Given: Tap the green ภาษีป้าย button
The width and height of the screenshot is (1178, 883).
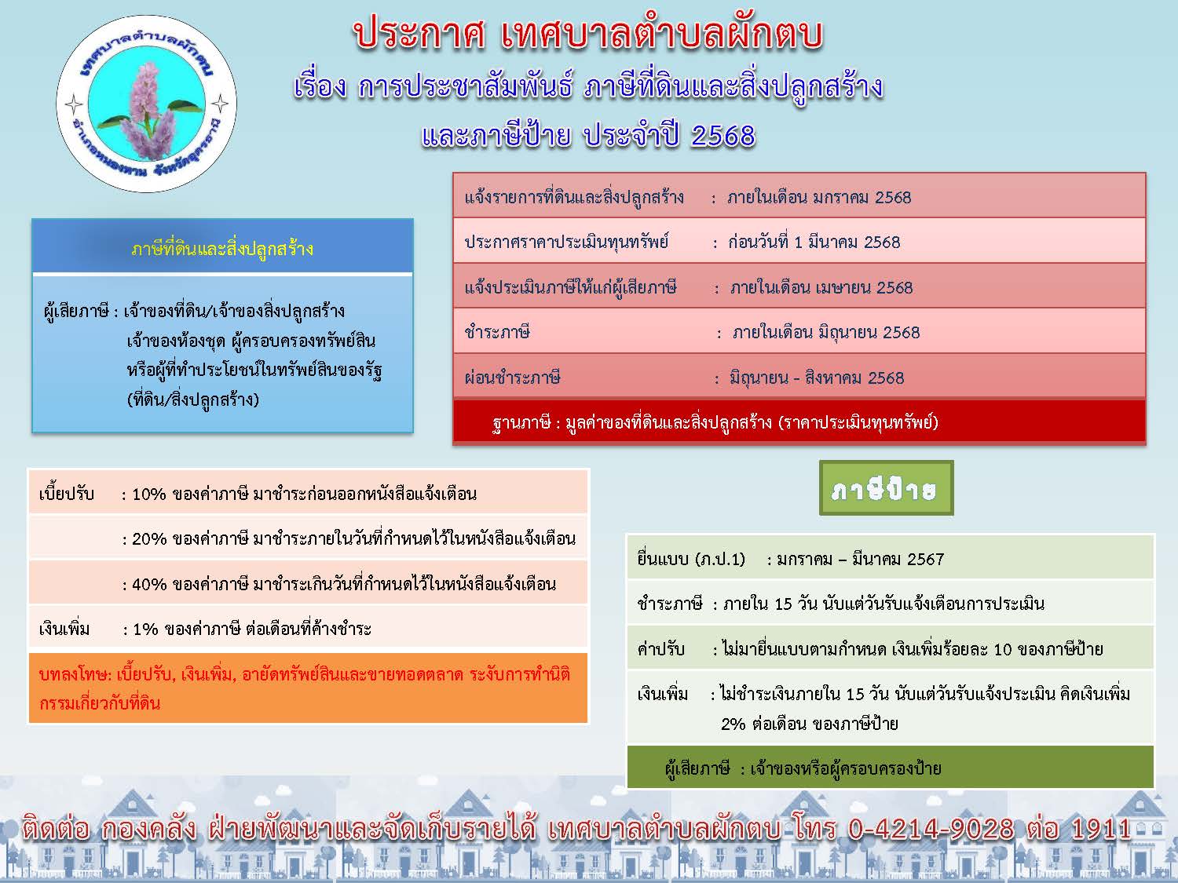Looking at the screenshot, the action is coord(886,488).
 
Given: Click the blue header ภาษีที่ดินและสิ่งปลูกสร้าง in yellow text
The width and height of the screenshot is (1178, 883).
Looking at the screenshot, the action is coord(222,250).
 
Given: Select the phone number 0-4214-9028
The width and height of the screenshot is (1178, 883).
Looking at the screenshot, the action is coord(931,829).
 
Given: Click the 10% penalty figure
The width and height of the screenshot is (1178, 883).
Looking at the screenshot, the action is coord(148,494).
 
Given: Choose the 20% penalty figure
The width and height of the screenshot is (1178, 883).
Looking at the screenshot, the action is coord(148,538).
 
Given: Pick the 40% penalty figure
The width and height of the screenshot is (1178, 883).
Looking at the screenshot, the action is coord(148,584).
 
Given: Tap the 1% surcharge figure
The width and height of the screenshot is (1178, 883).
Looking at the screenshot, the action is coord(145,629).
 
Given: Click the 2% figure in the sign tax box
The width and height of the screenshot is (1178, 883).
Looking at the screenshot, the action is coord(733,724).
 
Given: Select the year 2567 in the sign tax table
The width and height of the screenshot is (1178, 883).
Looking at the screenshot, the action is coord(925,559).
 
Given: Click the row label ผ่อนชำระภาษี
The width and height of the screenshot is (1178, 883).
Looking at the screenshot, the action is coord(513,378).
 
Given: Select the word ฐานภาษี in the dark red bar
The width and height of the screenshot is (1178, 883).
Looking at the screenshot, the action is coord(521,422).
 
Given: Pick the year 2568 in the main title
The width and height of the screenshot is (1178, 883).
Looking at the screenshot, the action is coord(723,135).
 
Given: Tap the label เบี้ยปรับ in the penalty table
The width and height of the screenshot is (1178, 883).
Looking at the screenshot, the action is coord(67,494).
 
